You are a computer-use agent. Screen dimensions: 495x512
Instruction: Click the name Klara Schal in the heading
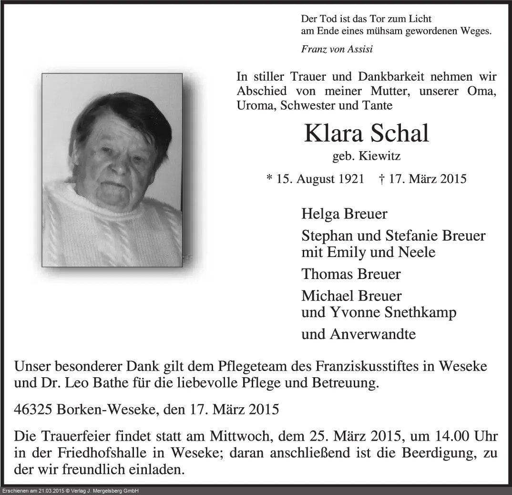tap(367, 134)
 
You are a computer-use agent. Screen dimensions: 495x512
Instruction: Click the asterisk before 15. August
tap(269, 179)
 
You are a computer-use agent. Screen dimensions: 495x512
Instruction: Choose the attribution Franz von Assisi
tap(337, 48)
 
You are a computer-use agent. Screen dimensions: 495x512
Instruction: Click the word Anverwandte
tap(372, 334)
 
